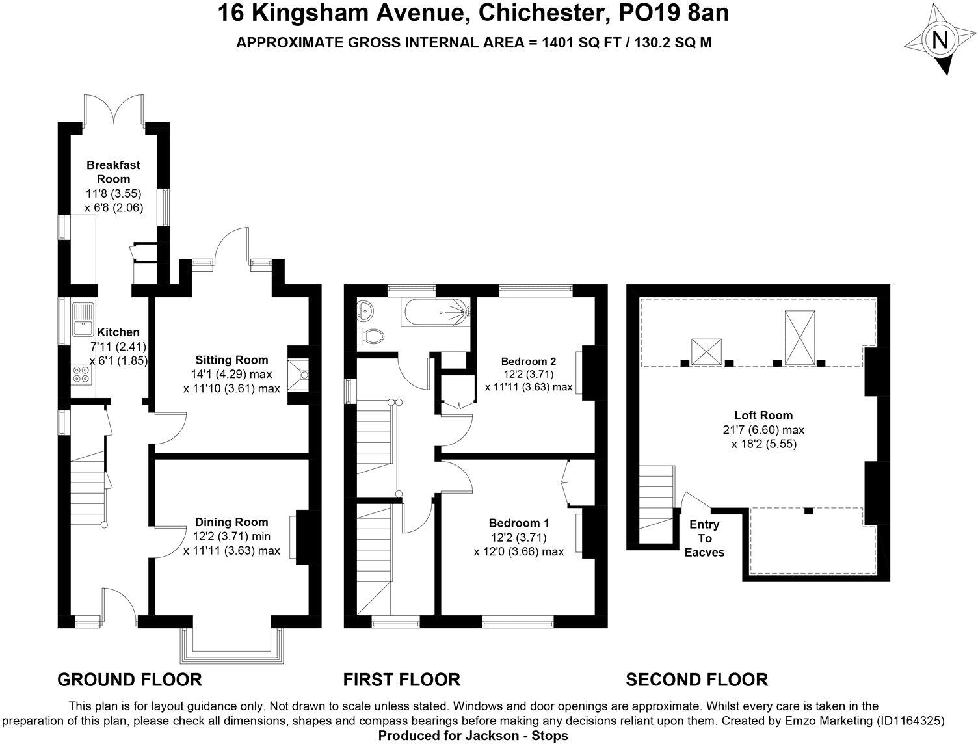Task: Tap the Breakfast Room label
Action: (x=114, y=172)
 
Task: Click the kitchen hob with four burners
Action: (x=83, y=376)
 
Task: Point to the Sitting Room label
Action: (x=231, y=360)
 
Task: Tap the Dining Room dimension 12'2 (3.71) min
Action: (x=231, y=537)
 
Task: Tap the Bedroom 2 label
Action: (x=529, y=362)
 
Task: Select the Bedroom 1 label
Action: (x=519, y=523)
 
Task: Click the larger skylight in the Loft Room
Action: (x=800, y=337)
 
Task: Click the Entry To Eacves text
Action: (x=704, y=538)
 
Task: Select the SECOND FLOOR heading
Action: (x=696, y=680)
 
